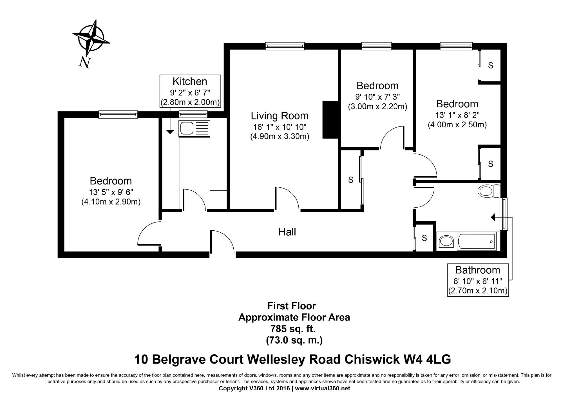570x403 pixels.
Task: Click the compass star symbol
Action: (91, 38)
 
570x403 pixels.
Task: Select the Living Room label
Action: (280, 116)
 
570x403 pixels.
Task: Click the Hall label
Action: (287, 232)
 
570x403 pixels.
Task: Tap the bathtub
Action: (477, 242)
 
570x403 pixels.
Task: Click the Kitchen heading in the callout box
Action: (190, 81)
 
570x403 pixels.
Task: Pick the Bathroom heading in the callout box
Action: (478, 270)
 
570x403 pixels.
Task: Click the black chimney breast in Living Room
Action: (330, 120)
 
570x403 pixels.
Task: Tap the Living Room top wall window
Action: (285, 46)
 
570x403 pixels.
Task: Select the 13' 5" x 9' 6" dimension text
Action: (111, 192)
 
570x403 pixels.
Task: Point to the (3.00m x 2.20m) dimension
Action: (377, 107)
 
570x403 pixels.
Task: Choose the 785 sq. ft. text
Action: (293, 329)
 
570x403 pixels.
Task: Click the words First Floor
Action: (291, 306)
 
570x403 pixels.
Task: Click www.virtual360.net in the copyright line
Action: (323, 388)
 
